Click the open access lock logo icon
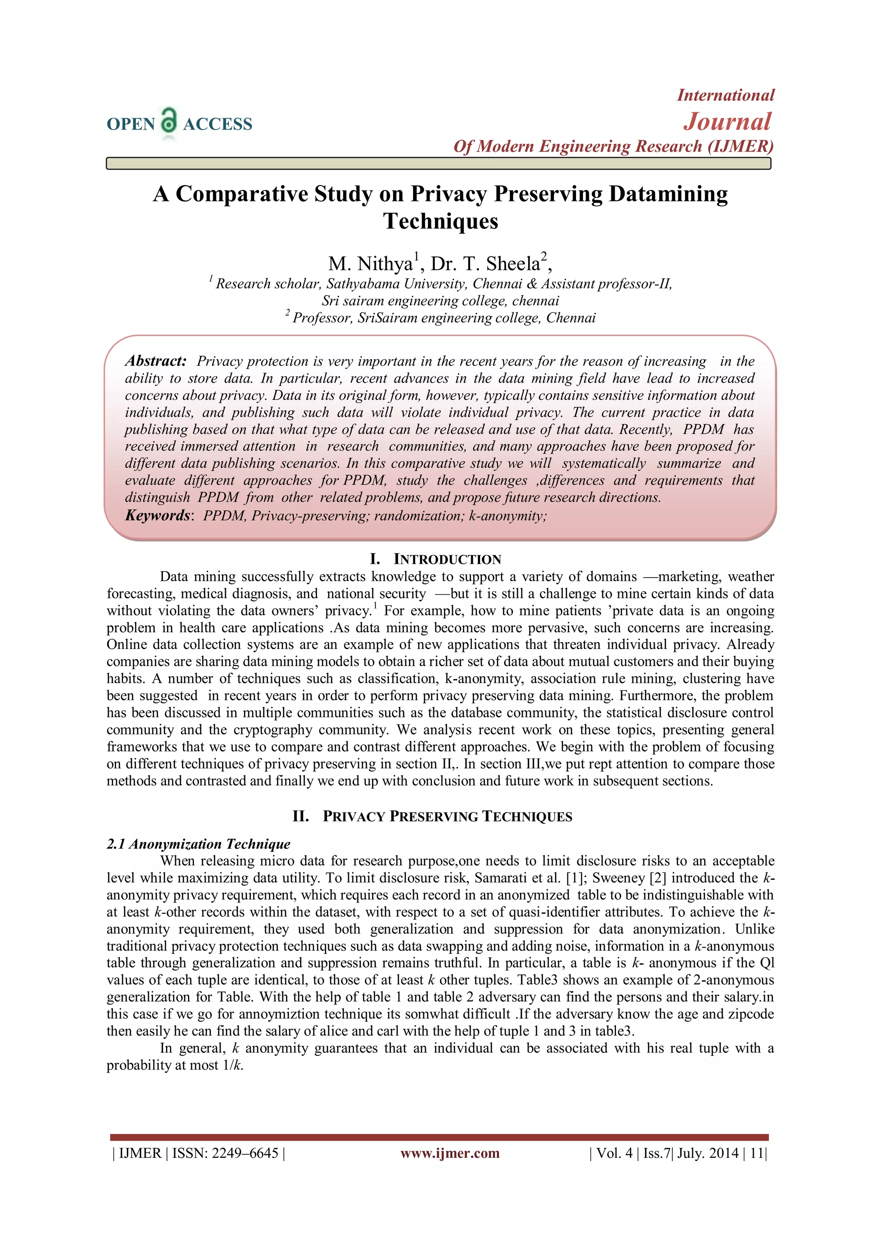(169, 121)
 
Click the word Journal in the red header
(727, 121)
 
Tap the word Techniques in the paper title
(440, 221)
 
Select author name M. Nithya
(370, 264)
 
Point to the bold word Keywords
(157, 516)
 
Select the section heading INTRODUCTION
(447, 560)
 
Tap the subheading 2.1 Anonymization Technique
(199, 844)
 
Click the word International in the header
(725, 96)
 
